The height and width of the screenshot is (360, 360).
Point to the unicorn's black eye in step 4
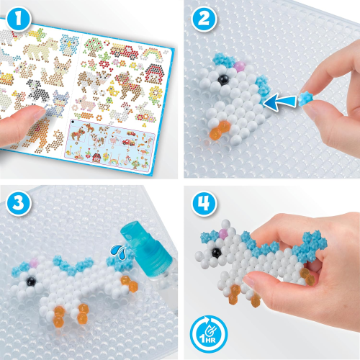217,251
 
